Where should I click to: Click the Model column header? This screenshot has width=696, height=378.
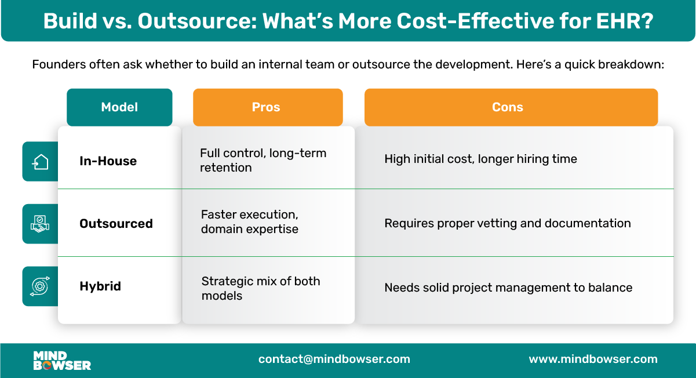[x=119, y=107]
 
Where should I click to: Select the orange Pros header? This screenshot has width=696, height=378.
[x=267, y=107]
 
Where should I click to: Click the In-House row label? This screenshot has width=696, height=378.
[x=108, y=161]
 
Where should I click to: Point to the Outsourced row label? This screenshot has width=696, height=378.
[x=116, y=224]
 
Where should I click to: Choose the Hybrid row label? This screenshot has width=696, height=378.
[x=100, y=286]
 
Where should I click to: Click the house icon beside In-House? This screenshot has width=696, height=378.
[x=40, y=162]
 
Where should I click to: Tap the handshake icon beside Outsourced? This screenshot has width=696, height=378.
[x=40, y=224]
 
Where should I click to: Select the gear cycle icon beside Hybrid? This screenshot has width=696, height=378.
[x=40, y=286]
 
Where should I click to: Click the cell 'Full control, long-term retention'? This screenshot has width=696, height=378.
[x=263, y=161]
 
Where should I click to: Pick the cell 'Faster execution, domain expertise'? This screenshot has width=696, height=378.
[x=250, y=221]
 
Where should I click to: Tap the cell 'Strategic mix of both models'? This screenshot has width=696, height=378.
[x=260, y=288]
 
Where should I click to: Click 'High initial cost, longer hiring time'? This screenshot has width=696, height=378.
[x=480, y=159]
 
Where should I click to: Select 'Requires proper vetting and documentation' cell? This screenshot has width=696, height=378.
[x=507, y=223]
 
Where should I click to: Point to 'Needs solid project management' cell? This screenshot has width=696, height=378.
[x=508, y=288]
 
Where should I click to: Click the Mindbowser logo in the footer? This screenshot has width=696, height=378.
[x=62, y=360]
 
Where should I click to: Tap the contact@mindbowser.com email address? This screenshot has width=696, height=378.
[x=334, y=359]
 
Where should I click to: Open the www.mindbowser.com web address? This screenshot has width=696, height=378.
[x=593, y=359]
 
